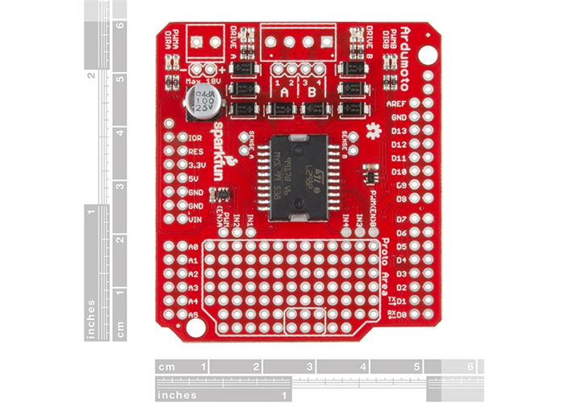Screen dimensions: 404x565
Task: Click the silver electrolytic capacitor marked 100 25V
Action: [x=199, y=103]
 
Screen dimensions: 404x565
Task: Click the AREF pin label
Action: [x=396, y=104]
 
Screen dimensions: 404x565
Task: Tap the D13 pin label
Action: [x=398, y=131]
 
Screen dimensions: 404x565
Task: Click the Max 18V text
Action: [x=202, y=81]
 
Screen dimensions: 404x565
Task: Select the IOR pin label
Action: [x=194, y=137]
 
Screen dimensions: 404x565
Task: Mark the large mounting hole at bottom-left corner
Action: [x=195, y=328]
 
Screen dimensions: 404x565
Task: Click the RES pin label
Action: [x=194, y=151]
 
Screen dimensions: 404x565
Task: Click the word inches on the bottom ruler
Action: [x=179, y=395]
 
